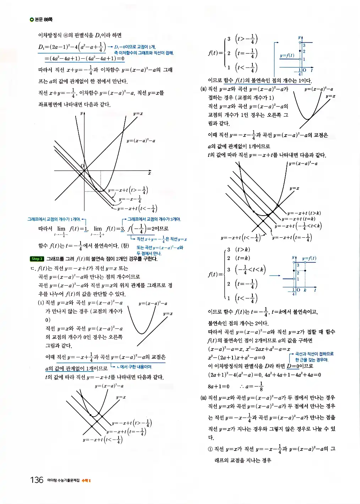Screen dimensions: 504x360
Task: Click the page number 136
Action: tap(37, 480)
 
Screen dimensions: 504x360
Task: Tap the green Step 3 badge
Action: tap(37, 259)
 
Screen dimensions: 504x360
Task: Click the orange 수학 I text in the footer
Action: tap(86, 481)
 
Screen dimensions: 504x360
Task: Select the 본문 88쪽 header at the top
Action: tap(42, 20)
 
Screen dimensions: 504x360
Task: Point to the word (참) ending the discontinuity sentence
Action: tap(125, 245)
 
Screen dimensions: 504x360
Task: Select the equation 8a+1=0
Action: tap(219, 386)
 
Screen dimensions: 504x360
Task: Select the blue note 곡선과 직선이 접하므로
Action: tap(314, 354)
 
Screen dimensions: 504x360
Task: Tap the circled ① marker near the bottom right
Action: tap(211, 449)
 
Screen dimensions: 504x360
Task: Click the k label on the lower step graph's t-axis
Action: tap(305, 290)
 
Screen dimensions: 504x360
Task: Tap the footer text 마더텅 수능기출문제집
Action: tap(63, 481)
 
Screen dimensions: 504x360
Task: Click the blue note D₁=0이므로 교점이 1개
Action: tap(135, 47)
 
